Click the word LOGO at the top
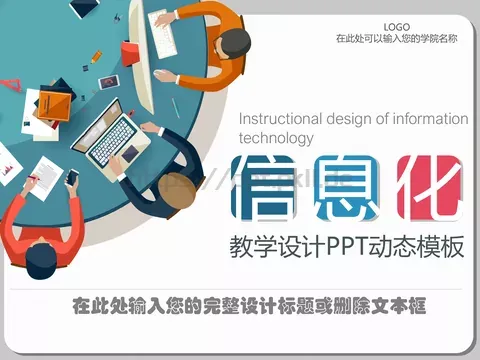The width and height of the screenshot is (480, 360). pyautogui.click(x=396, y=26)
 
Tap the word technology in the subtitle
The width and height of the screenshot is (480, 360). pyautogui.click(x=276, y=138)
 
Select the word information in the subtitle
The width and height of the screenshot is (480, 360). pyautogui.click(x=425, y=119)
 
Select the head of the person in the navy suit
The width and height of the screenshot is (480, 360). pyautogui.click(x=176, y=190)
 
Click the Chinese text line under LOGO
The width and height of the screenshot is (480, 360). pyautogui.click(x=396, y=39)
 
